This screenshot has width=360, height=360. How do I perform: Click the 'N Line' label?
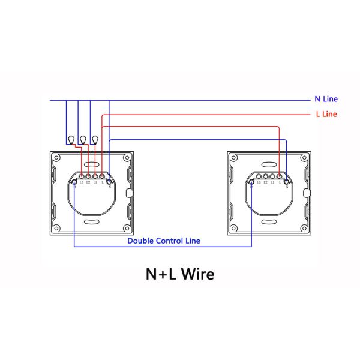point(326,99)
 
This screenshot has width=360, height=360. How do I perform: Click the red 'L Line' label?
point(326,114)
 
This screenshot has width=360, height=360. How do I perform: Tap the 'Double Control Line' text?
point(164,241)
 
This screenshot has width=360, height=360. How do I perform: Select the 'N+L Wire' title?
point(180,274)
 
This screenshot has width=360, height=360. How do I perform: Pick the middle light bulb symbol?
point(83,140)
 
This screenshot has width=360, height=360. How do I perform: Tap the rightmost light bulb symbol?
point(95,140)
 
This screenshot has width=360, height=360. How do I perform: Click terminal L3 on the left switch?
point(82,176)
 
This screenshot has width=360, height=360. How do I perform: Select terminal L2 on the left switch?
point(88,176)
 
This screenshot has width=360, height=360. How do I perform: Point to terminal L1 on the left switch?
point(95,176)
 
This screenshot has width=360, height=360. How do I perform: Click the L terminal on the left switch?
point(103,176)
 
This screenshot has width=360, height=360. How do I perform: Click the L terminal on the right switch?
point(280,176)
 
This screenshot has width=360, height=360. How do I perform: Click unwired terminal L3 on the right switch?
point(259,176)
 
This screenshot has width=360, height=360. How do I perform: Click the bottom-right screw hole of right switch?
point(304,229)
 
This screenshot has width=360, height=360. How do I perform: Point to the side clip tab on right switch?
point(308,193)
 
